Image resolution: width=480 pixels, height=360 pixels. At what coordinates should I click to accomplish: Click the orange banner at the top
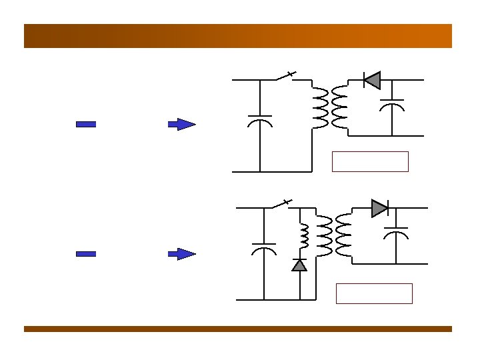[x=238, y=36]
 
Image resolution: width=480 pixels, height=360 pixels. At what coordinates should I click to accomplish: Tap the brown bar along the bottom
[x=238, y=329]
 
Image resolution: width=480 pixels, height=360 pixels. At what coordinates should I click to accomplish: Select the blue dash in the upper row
[x=86, y=124]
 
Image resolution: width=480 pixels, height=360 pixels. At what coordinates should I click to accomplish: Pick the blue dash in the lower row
[x=86, y=254]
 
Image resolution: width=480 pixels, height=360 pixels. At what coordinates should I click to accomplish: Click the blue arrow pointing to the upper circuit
[x=181, y=124]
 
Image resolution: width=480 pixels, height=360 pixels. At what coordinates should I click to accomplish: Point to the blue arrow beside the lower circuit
[x=181, y=254]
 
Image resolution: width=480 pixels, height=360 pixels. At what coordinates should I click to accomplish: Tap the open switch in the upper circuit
[x=287, y=75]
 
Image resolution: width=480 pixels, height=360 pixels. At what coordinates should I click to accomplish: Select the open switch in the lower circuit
[x=283, y=203]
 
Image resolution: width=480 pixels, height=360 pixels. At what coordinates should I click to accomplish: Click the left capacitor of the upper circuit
[x=259, y=120]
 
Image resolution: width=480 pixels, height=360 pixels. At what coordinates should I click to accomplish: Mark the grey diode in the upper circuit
[x=371, y=80]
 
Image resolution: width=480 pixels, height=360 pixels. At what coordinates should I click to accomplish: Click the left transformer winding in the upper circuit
[x=321, y=107]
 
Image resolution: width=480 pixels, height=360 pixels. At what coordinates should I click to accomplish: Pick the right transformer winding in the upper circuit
[x=339, y=107]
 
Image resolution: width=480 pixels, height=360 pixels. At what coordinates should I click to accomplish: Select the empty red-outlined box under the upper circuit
[x=370, y=161]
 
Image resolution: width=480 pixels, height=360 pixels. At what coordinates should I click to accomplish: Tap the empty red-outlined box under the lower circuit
[x=374, y=293]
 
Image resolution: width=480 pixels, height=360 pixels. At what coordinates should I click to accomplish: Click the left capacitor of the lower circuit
[x=264, y=249]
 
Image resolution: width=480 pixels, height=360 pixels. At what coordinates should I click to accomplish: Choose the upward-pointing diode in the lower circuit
[x=300, y=265]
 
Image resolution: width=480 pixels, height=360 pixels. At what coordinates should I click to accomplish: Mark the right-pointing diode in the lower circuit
[x=379, y=208]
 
